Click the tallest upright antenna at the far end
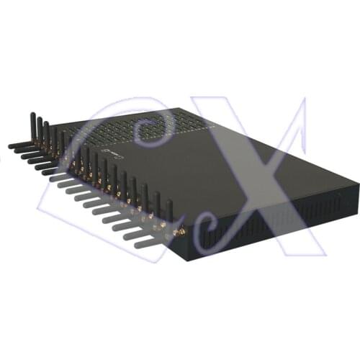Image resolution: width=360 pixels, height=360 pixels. coord(31,126)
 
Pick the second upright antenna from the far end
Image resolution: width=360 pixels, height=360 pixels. coord(39,130)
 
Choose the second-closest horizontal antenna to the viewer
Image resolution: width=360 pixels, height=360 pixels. coord(130,227)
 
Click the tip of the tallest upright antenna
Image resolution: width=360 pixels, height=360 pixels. coord(31,114)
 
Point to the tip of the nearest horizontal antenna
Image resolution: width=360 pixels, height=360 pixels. coord(125,238)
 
